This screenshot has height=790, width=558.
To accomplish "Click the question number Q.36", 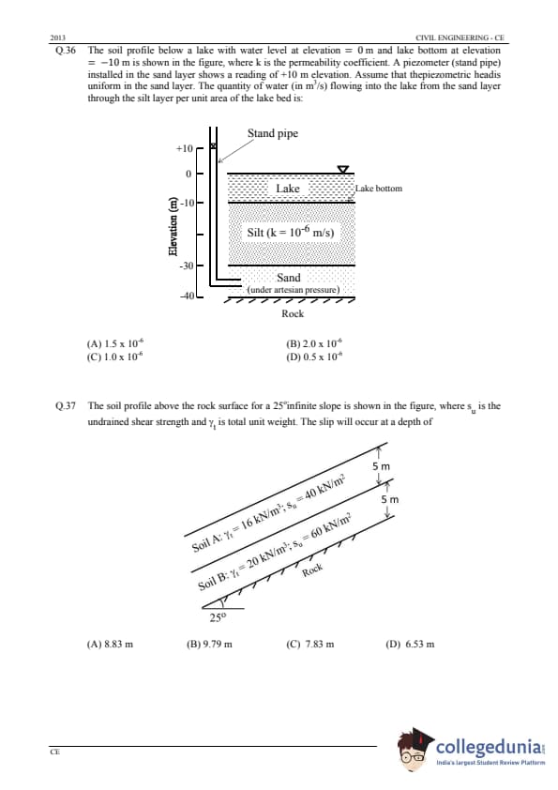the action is coord(65,51).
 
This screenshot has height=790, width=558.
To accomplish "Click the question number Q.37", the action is coord(65,406).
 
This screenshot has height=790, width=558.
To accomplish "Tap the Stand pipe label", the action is coord(273,133).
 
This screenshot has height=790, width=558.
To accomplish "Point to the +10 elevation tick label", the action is coord(185,148).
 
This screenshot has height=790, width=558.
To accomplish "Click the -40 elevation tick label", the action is coord(187,296).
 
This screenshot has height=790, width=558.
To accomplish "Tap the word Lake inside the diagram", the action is coord(288,189).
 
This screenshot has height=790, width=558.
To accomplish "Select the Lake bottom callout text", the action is coord(379,189).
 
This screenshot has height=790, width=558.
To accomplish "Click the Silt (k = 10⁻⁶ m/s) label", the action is coord(291,233).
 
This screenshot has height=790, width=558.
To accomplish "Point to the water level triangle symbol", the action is coord(343,169).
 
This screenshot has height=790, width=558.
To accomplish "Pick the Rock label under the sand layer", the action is coord(293,313).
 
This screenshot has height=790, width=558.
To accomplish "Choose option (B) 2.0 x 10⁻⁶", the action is coord(314,343).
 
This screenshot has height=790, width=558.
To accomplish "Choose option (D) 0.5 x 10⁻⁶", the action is coord(314,357).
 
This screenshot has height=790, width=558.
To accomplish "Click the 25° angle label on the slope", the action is coord(219,617).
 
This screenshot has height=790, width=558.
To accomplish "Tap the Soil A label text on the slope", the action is coord(268,514).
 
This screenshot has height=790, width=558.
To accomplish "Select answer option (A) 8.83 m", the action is coord(111,644).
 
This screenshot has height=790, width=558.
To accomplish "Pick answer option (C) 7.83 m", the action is coord(309,644).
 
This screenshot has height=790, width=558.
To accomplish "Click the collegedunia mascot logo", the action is coord(415,750).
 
